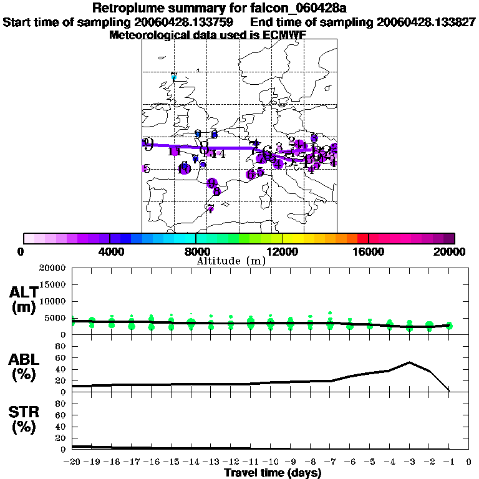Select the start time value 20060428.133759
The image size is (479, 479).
point(184,22)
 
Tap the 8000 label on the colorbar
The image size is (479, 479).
point(196,252)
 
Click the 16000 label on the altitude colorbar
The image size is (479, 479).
point(369,252)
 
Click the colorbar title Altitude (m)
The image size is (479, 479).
point(231,261)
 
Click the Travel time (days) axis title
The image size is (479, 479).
point(273,473)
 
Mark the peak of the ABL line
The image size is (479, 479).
point(409,362)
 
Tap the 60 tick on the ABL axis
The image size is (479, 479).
point(61,357)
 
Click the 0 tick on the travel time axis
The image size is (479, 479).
point(468,462)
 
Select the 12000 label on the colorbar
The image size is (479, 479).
point(282,252)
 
